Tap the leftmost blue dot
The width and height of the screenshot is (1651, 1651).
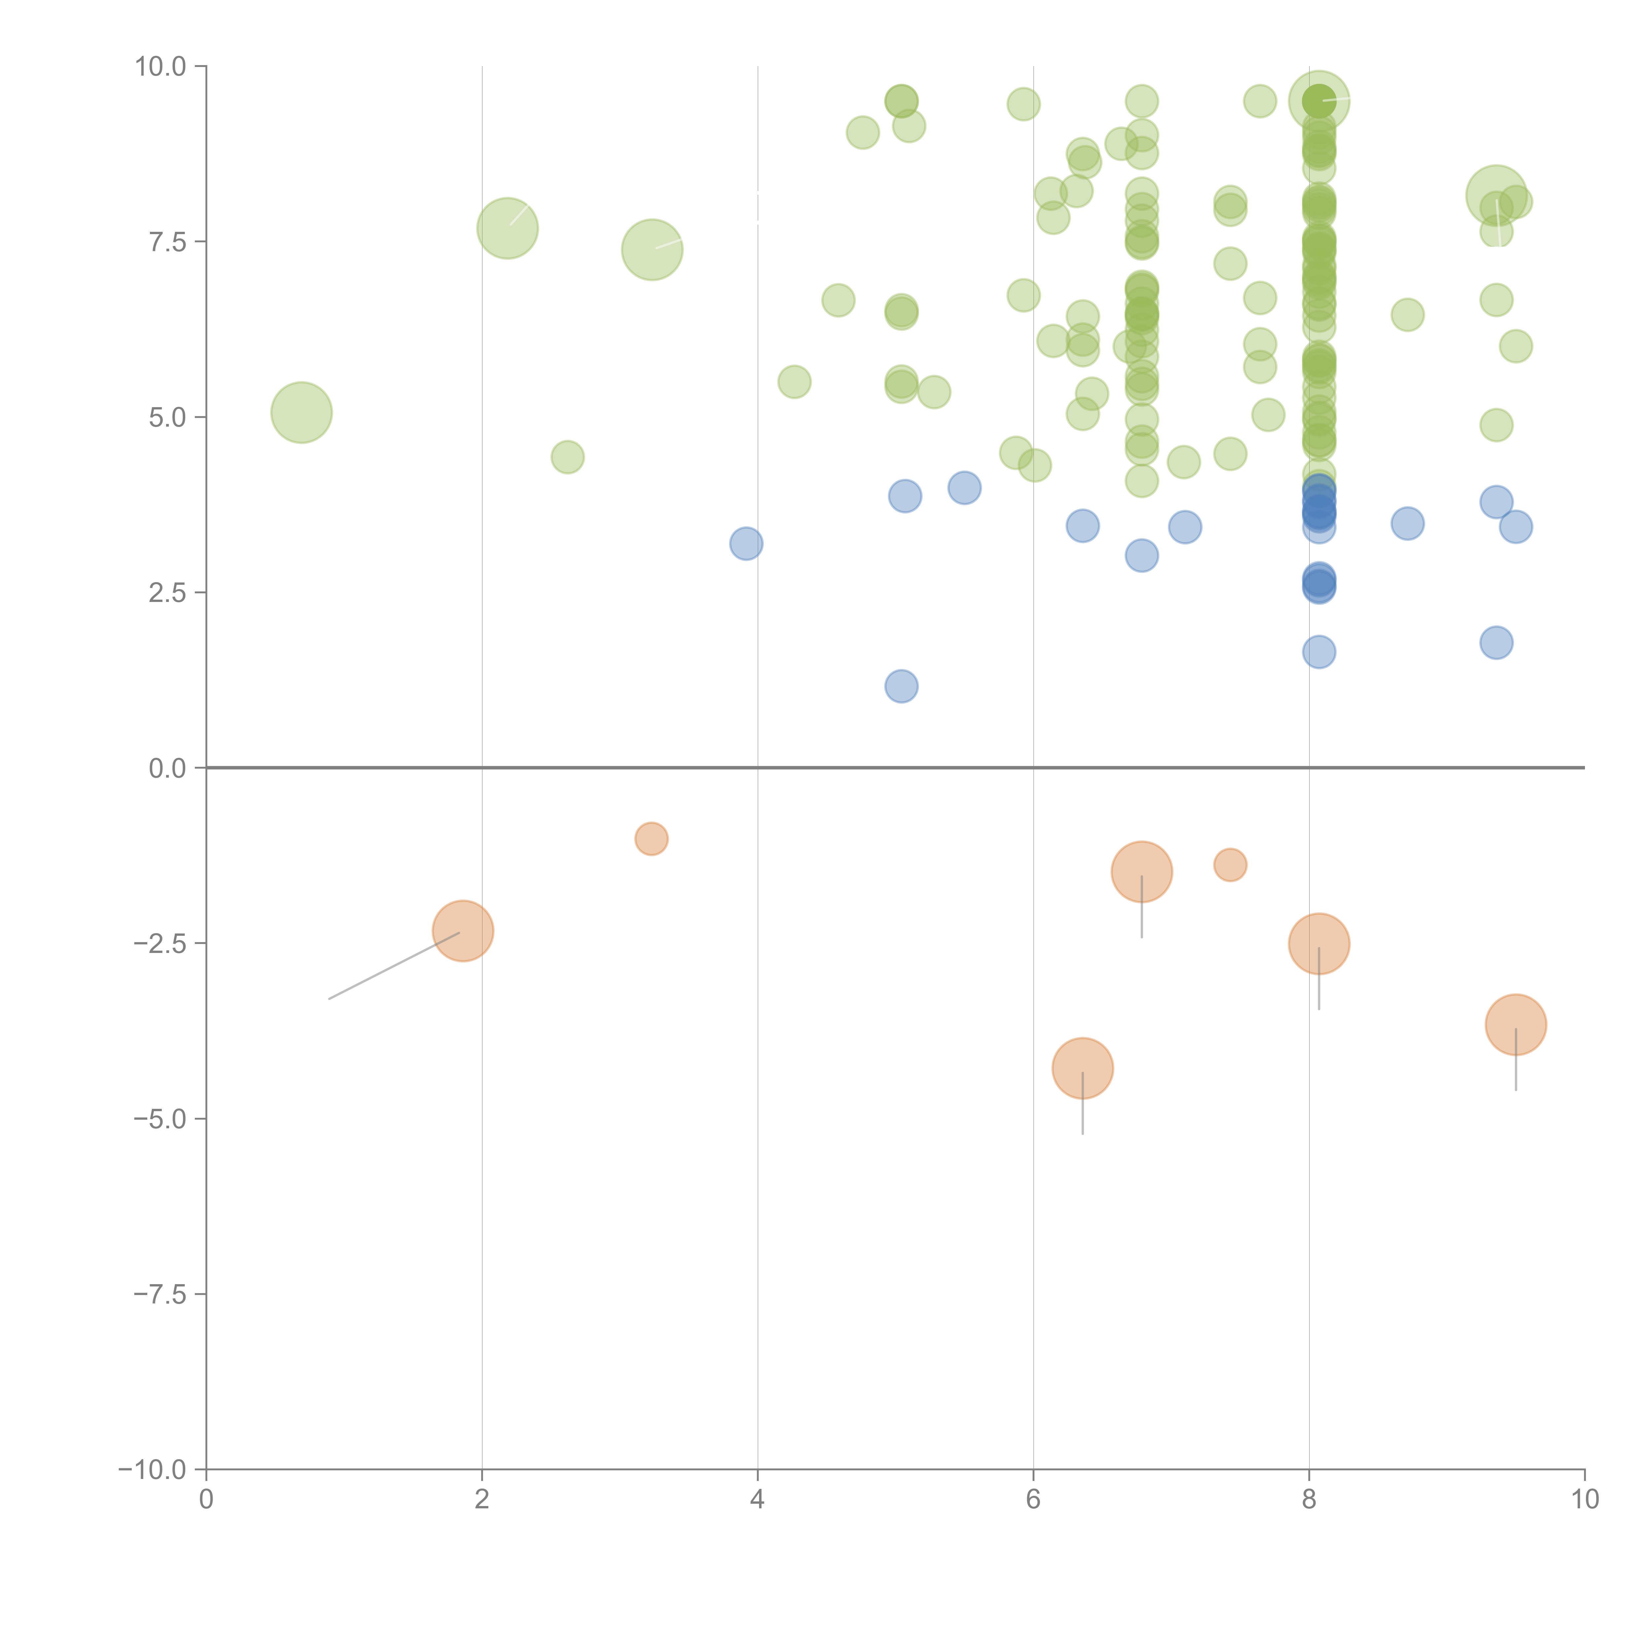pyautogui.click(x=746, y=544)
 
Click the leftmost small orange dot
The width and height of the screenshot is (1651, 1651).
pyautogui.click(x=651, y=838)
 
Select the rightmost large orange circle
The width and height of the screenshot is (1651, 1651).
pyautogui.click(x=1515, y=1025)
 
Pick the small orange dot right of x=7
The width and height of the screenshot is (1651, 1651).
pyautogui.click(x=1230, y=865)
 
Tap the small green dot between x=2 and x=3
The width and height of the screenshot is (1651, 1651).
pyautogui.click(x=567, y=457)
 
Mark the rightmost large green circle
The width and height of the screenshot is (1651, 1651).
pyautogui.click(x=1495, y=195)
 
